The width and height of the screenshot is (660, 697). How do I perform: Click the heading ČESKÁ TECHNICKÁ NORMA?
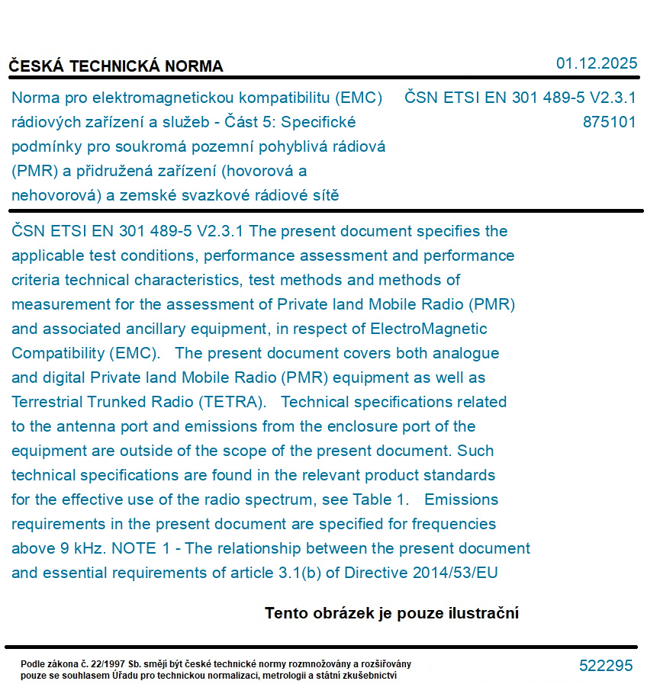click(116, 66)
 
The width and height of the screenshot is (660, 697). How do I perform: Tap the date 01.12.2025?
click(596, 63)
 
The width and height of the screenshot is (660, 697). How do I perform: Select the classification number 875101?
click(609, 122)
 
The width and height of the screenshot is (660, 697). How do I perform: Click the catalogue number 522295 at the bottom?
click(606, 666)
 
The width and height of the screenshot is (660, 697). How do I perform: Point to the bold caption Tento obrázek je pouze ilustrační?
click(391, 613)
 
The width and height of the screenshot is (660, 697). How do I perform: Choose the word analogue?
click(465, 353)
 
